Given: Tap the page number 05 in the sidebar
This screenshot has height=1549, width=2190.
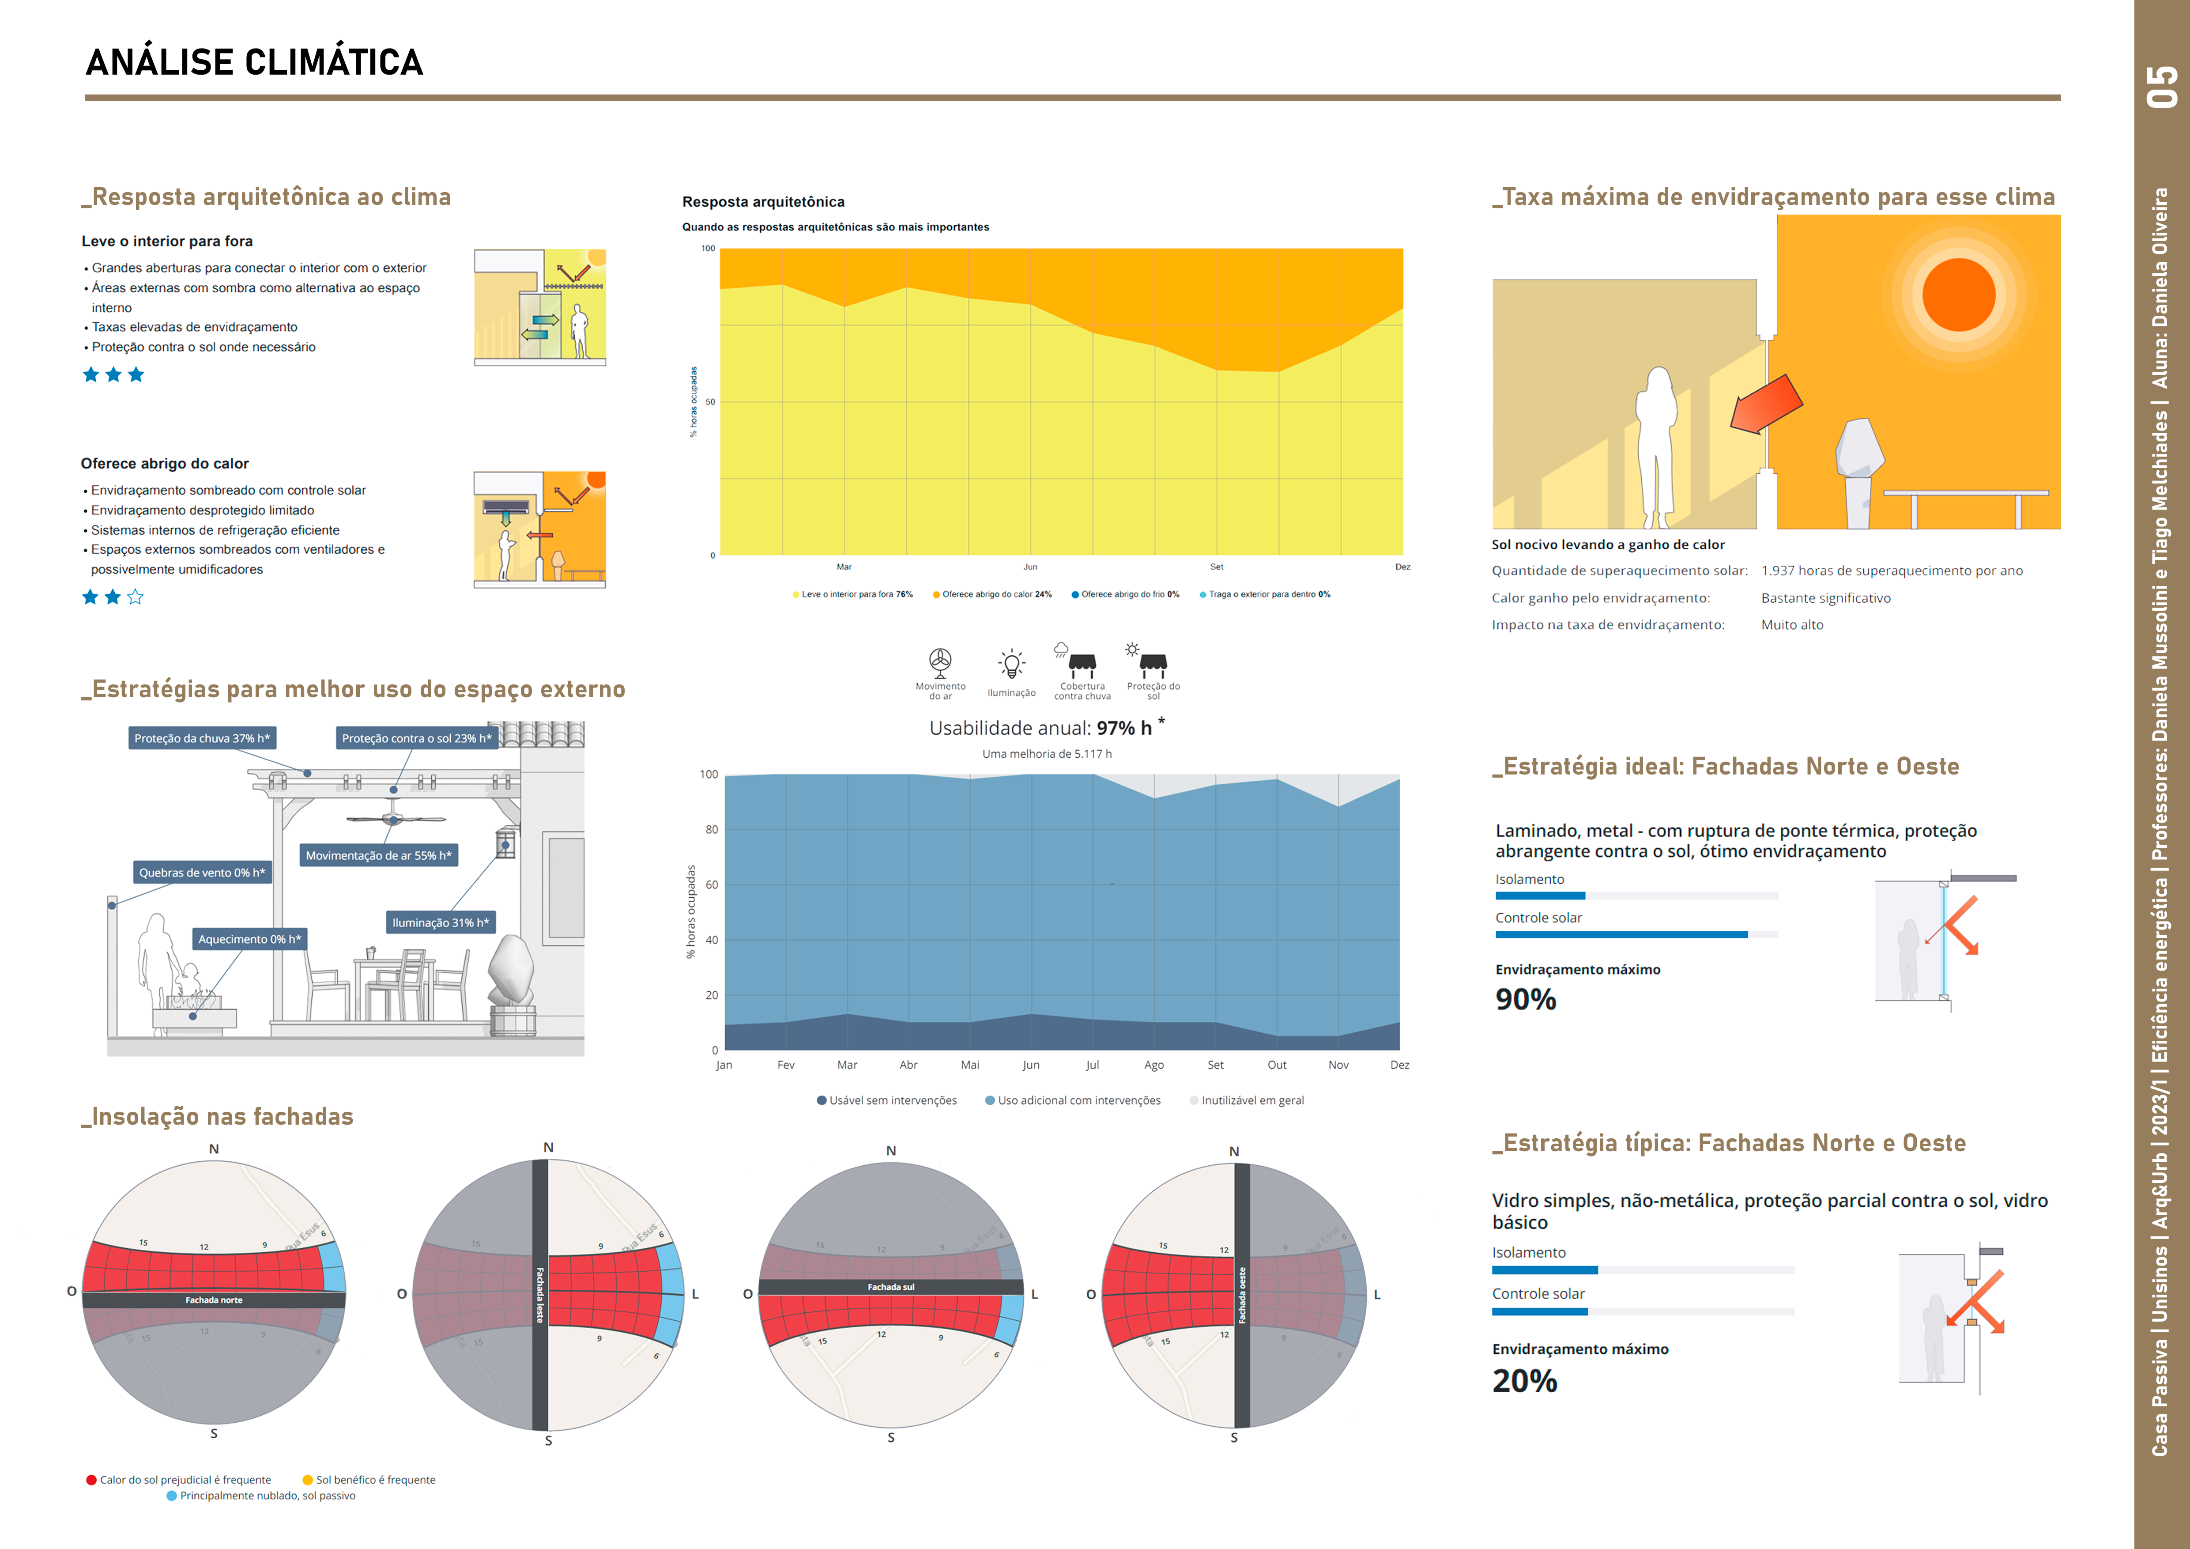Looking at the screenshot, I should (x=2161, y=86).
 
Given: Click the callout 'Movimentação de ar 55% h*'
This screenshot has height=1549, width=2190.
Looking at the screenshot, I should (x=379, y=856).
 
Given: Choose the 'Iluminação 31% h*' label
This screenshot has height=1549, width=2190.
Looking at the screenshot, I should (x=441, y=922).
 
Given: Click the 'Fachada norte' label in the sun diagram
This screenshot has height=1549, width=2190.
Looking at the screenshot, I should (x=214, y=1300).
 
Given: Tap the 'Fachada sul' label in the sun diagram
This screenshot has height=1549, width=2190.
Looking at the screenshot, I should (x=891, y=1287).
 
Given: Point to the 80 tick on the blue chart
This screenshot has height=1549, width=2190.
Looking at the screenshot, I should (x=712, y=830).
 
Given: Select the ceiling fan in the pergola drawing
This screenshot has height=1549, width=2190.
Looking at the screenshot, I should (x=394, y=817).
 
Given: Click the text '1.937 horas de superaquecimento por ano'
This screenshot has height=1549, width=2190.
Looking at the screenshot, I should (x=1892, y=570).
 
